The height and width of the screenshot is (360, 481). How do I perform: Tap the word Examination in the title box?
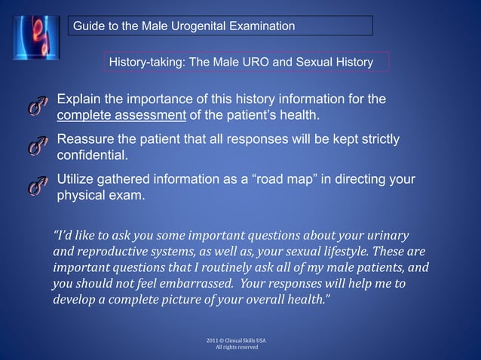[x=261, y=27]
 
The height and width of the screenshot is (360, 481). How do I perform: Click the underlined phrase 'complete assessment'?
[x=121, y=115]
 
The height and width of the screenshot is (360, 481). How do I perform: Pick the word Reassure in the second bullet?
[x=85, y=140]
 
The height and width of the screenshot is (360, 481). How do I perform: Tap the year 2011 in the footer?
[x=212, y=340]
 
